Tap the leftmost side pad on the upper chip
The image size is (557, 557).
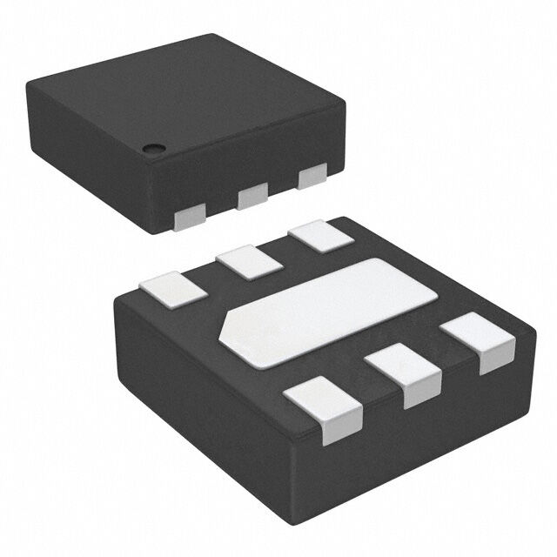[191, 218]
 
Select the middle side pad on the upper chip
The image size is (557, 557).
[253, 197]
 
